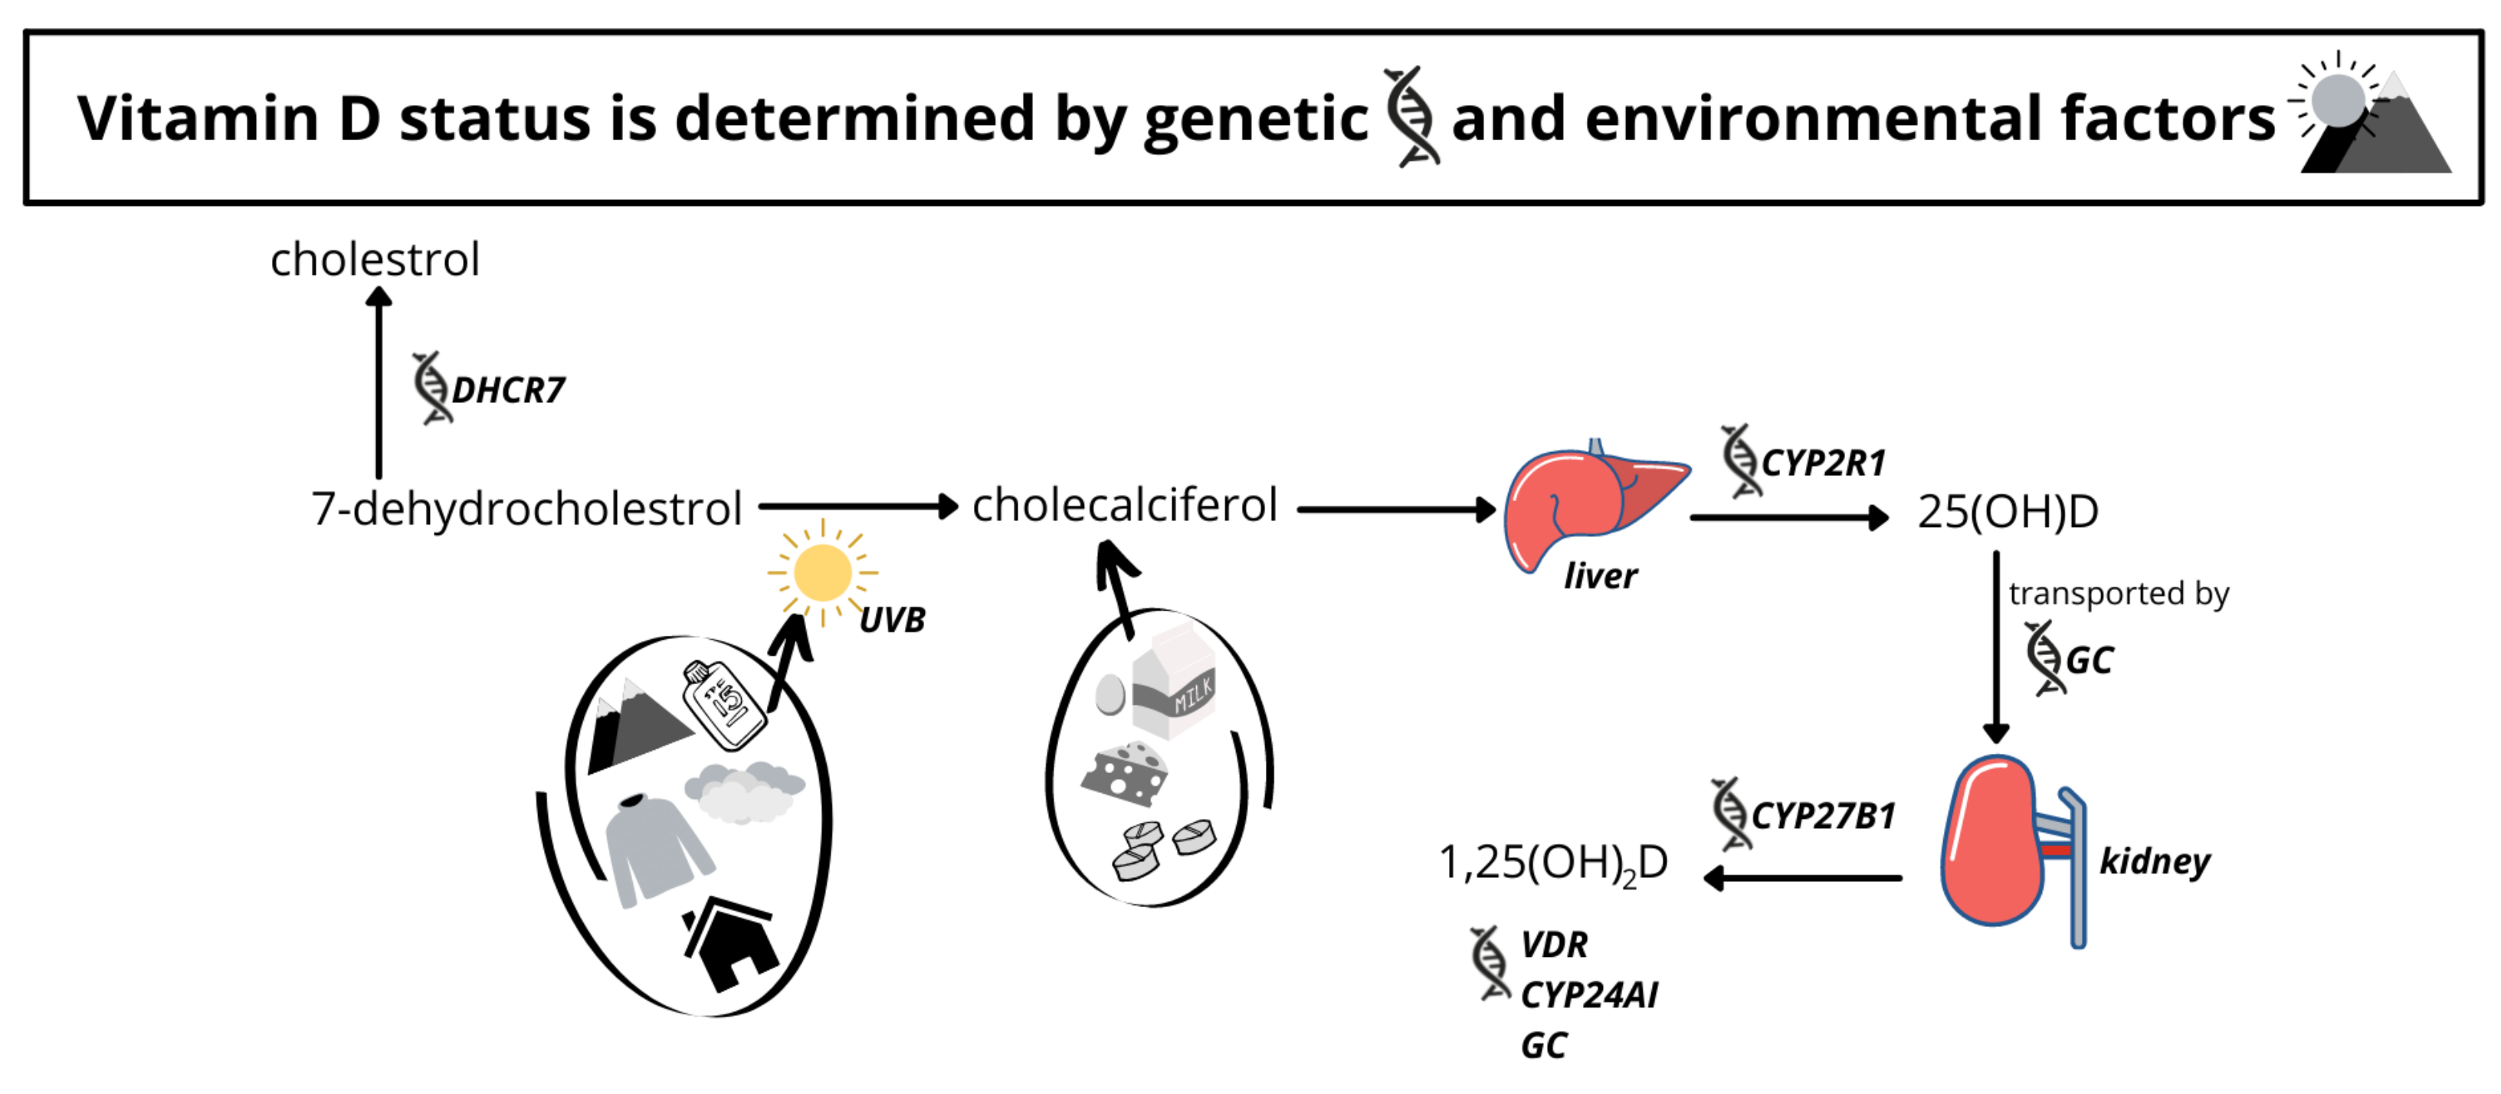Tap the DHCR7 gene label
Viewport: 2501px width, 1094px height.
tap(508, 390)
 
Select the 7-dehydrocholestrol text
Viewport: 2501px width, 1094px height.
tap(526, 509)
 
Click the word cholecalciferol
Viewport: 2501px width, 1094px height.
tap(1124, 505)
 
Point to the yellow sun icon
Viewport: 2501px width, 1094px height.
tap(822, 573)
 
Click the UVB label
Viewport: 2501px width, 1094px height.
tap(892, 619)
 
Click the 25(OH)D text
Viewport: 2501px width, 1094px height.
tap(2008, 512)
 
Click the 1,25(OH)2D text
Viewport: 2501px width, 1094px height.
tap(1552, 863)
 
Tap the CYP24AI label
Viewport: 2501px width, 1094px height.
tap(1589, 995)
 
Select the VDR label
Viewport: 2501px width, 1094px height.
tap(1553, 945)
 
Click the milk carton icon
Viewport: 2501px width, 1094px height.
tap(1174, 683)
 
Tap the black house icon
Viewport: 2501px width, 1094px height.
tap(730, 945)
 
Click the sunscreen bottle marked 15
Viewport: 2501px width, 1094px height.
tap(724, 704)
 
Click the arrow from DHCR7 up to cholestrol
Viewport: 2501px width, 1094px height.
tap(379, 383)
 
